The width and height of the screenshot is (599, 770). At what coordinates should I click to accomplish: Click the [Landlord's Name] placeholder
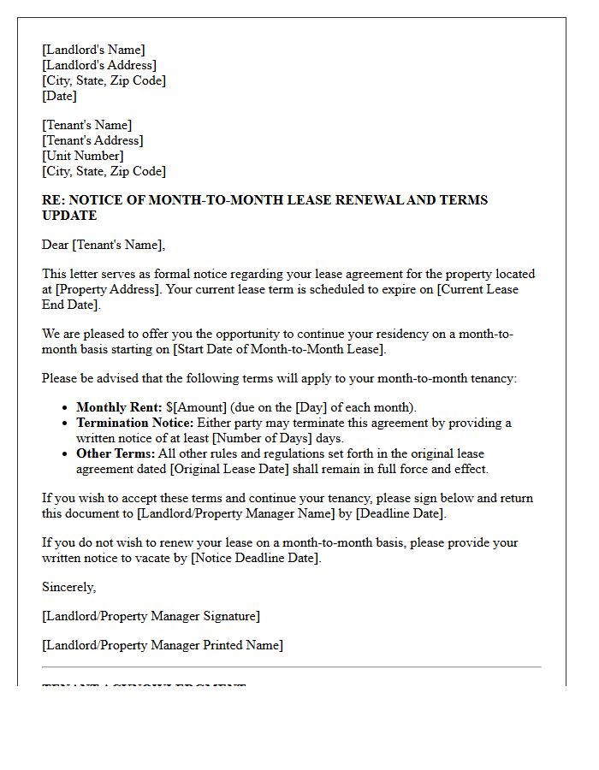point(93,50)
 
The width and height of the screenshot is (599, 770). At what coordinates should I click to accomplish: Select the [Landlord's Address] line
point(99,65)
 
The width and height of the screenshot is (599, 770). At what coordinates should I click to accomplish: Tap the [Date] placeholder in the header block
point(59,96)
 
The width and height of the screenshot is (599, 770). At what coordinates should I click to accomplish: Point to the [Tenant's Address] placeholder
point(92,140)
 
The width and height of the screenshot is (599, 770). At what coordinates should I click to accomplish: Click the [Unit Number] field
point(82,156)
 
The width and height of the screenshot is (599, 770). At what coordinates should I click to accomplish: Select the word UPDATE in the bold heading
point(69,216)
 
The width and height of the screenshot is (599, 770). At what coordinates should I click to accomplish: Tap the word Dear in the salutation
point(56,245)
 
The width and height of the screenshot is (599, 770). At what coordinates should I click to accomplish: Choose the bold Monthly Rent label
point(119,407)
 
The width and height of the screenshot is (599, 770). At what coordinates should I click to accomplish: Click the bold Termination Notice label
point(135,423)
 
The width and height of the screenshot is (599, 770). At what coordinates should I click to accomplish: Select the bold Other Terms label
point(116,453)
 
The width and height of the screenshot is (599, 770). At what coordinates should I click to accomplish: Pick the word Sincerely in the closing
point(68,587)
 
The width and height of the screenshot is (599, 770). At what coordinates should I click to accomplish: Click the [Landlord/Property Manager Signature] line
point(151,616)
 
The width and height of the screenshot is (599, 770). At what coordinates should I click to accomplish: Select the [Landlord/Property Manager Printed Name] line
point(163,645)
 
